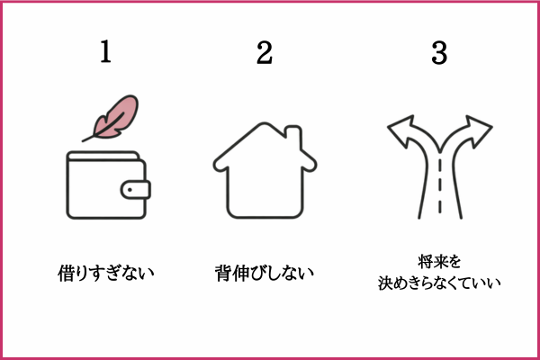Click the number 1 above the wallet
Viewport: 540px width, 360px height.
tap(105, 51)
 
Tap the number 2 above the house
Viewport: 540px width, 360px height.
tap(265, 52)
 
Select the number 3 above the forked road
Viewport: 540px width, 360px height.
tap(439, 53)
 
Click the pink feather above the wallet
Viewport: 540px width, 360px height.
tap(113, 118)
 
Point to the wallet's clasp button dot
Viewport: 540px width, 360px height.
tap(130, 190)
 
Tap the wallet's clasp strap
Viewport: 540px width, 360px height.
tap(135, 190)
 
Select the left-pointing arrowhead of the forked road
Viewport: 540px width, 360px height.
tap(400, 130)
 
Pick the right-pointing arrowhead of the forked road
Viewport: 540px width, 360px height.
tap(479, 130)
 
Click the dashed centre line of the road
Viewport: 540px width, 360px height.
tap(440, 185)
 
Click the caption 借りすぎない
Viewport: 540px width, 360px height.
tap(105, 274)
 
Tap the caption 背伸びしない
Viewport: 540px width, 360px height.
tap(264, 274)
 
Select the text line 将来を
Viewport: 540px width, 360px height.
tap(439, 262)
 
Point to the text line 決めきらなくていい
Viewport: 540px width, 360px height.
tap(439, 283)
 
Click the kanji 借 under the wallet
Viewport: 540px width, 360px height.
tap(66, 274)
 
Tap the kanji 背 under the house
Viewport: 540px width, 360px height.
tap(223, 274)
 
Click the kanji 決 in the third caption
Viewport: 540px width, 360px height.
tap(385, 283)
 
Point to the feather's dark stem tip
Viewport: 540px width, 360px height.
tap(83, 141)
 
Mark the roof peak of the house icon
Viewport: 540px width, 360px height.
tap(265, 123)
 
